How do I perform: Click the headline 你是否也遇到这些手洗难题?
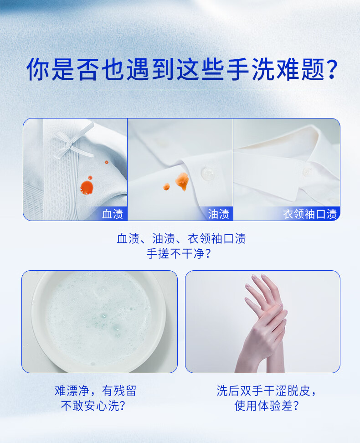182,69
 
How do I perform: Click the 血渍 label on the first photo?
113,214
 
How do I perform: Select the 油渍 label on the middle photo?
218,214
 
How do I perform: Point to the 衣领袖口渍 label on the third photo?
310,214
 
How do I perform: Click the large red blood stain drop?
87,187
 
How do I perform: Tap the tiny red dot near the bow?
107,162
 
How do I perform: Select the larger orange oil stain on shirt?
182,181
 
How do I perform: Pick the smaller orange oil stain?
166,186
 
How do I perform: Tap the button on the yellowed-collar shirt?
306,171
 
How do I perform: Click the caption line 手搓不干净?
179,253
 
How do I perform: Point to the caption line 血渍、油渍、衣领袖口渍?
181,239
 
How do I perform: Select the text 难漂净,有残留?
96,391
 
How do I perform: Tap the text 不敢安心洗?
93,406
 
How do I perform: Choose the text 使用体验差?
267,406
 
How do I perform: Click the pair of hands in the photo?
263,322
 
